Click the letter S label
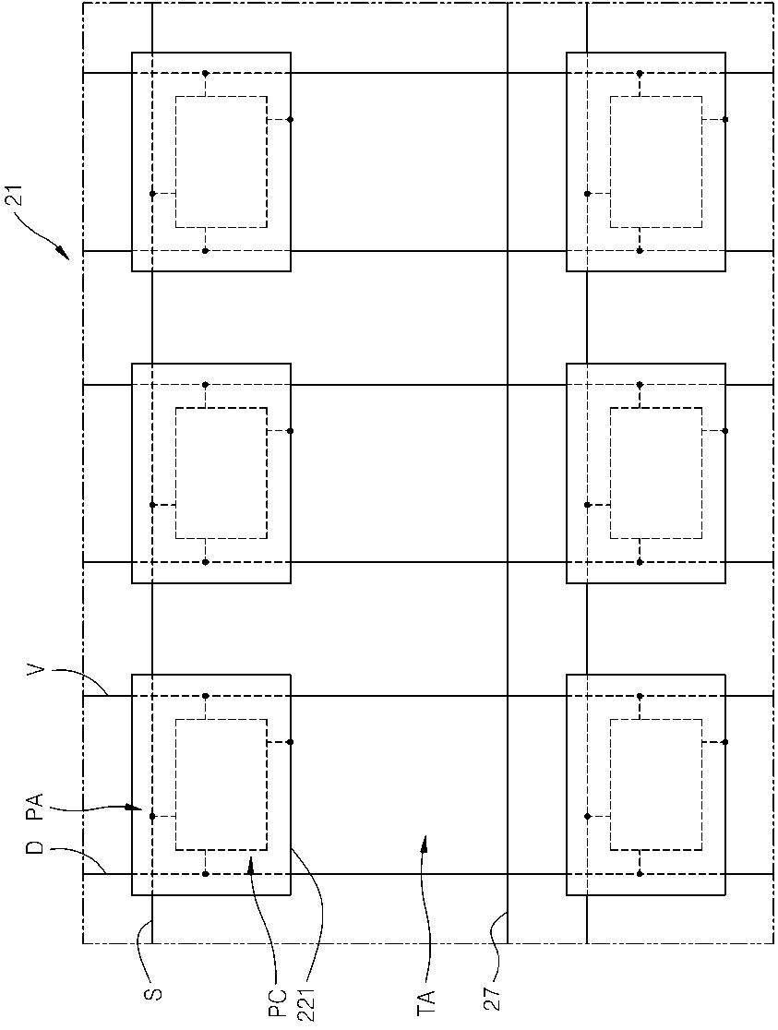156,993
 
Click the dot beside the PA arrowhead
152,816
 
